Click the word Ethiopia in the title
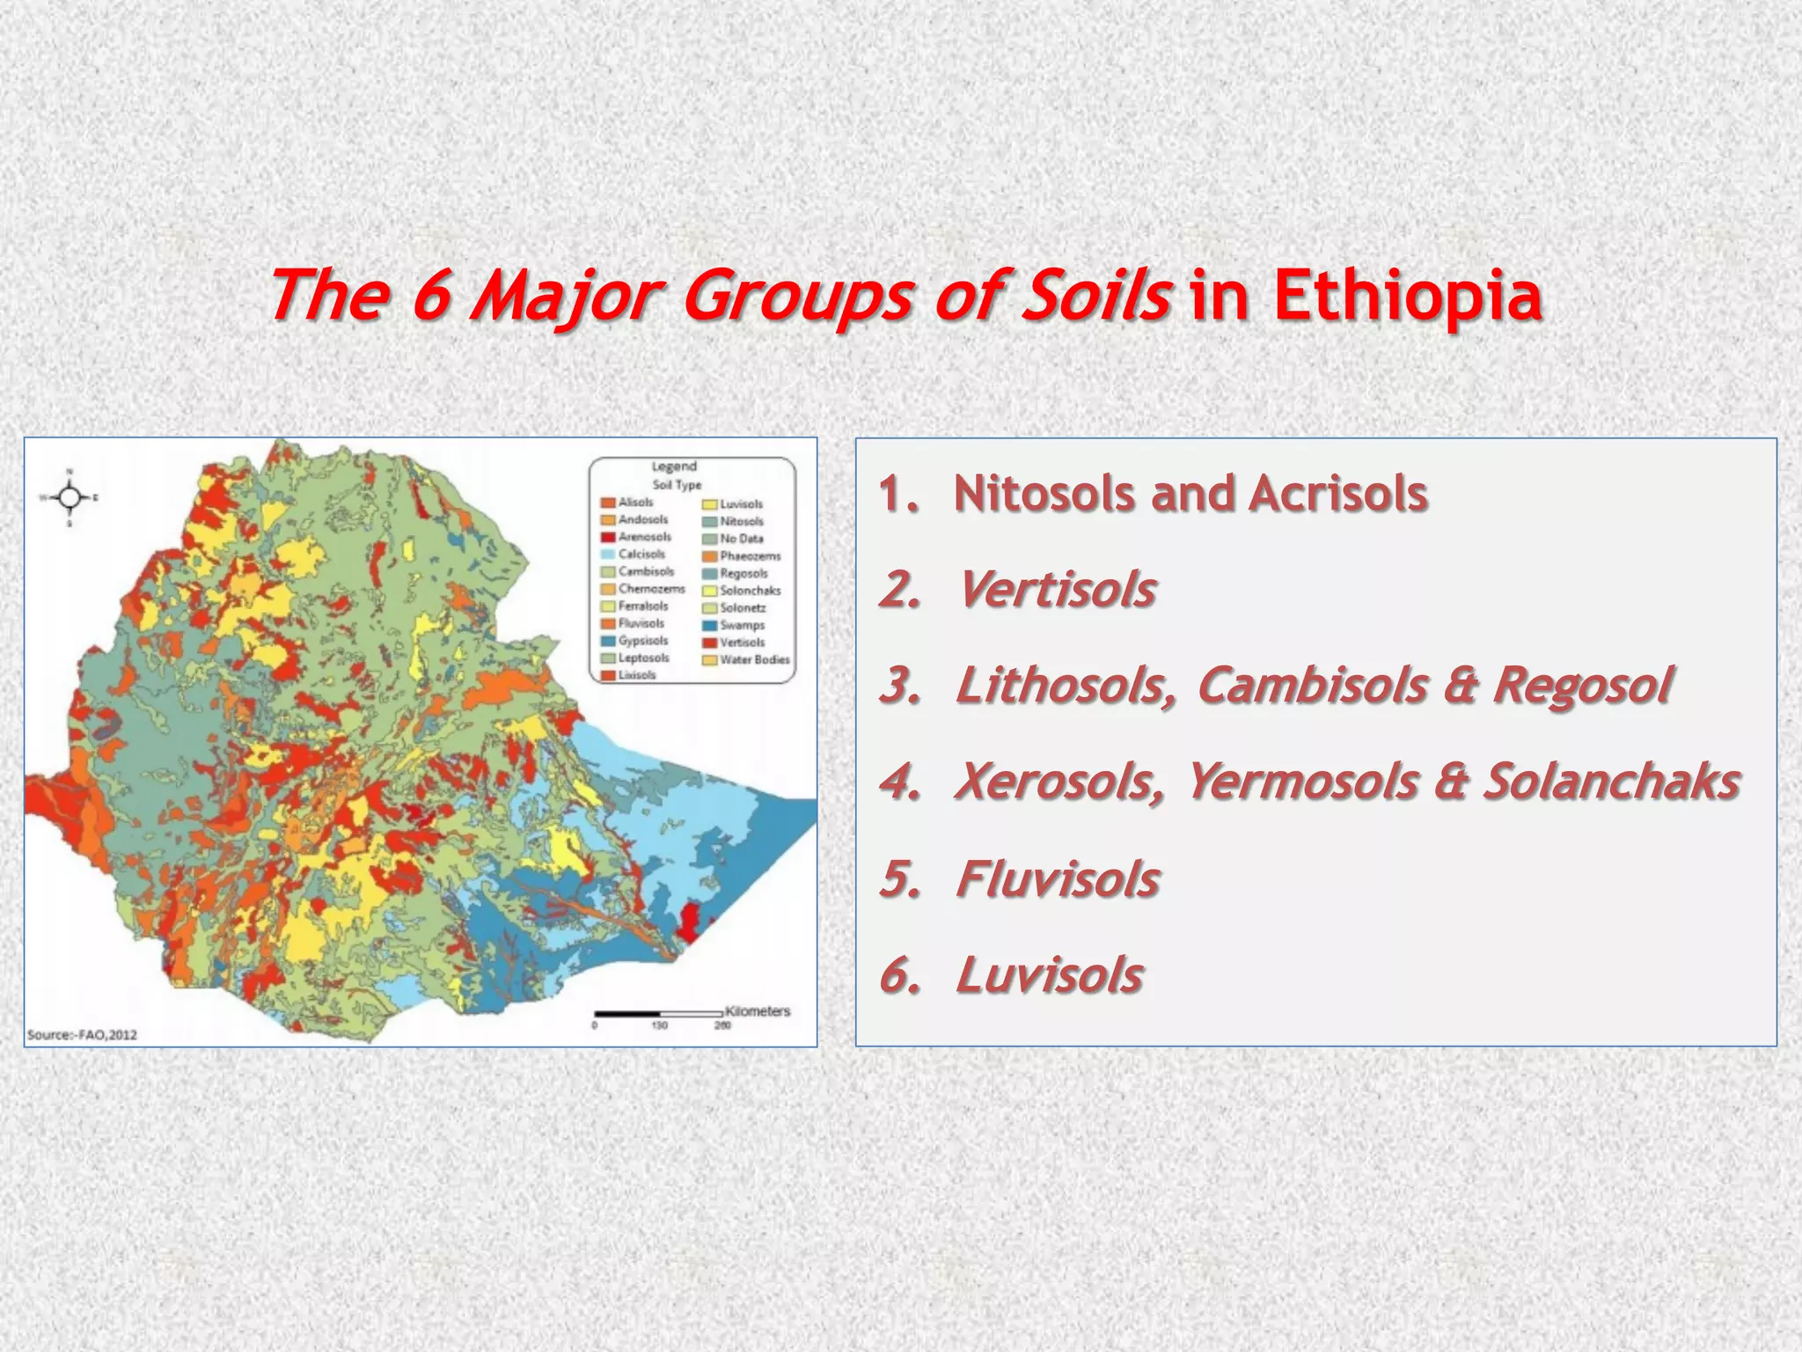click(x=1407, y=296)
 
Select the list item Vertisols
click(x=1056, y=589)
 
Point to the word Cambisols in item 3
click(x=1312, y=685)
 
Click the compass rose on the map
click(x=70, y=498)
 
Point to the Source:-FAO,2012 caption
click(x=83, y=1034)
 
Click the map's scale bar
click(x=658, y=1014)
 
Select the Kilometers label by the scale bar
click(x=758, y=1010)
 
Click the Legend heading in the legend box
click(x=674, y=467)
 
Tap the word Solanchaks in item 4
click(x=1610, y=781)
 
